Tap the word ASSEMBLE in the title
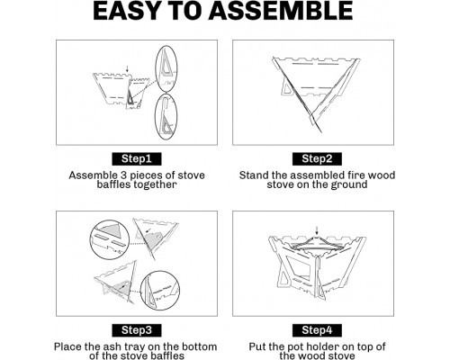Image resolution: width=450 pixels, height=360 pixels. pyautogui.click(x=281, y=11)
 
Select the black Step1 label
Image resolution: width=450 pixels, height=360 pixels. pyautogui.click(x=137, y=158)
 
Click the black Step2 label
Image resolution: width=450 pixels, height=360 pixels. pyautogui.click(x=317, y=158)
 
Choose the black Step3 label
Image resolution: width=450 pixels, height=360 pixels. pyautogui.click(x=137, y=330)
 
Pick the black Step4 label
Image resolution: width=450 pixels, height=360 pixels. pyautogui.click(x=317, y=330)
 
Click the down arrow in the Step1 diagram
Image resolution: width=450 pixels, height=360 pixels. pyautogui.click(x=128, y=67)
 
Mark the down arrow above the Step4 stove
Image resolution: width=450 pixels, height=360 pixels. pyautogui.click(x=317, y=230)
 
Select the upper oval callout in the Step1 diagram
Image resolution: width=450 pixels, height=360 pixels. pyautogui.click(x=156, y=69)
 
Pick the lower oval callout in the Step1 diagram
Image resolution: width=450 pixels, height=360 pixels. pyautogui.click(x=155, y=117)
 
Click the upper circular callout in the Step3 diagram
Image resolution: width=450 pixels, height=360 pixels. pyautogui.click(x=90, y=240)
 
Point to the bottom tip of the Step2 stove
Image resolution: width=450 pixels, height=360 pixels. pyautogui.click(x=321, y=132)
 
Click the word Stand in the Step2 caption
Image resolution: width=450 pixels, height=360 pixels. pyautogui.click(x=254, y=175)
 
